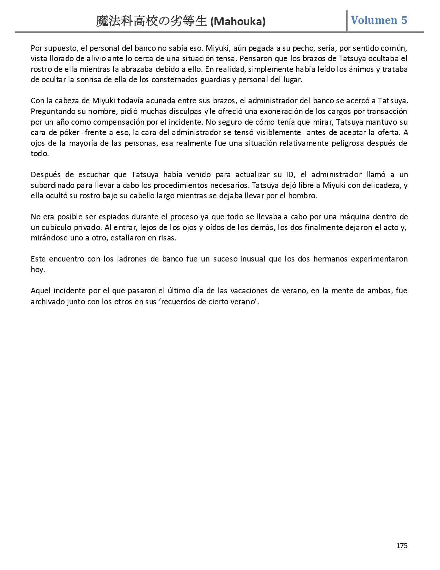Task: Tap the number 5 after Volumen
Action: pos(404,20)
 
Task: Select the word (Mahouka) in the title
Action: pos(238,22)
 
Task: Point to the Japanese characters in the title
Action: pos(152,21)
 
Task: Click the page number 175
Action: pos(402,545)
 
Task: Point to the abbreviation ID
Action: pos(289,174)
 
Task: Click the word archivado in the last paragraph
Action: pos(47,302)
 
